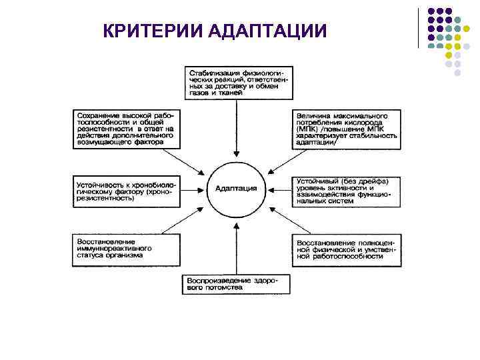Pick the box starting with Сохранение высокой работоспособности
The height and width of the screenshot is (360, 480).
tap(124, 129)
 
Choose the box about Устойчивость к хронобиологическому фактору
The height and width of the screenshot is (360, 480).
tap(124, 189)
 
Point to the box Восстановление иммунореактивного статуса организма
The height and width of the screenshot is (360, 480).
tap(124, 249)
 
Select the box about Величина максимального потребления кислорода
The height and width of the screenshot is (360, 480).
tap(347, 129)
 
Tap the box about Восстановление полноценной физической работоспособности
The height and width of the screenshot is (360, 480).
tap(347, 249)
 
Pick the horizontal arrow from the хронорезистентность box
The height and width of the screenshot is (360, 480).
tap(190, 189)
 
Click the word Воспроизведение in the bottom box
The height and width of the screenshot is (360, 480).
tap(213, 280)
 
